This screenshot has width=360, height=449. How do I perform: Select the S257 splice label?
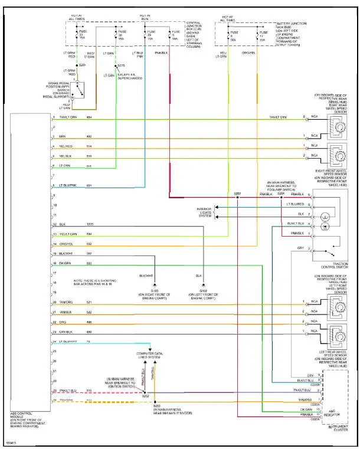237,193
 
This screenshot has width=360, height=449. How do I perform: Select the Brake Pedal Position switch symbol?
79,90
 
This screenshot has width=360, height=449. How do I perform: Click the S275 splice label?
121,65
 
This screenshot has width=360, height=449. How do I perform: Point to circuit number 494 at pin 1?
89,118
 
